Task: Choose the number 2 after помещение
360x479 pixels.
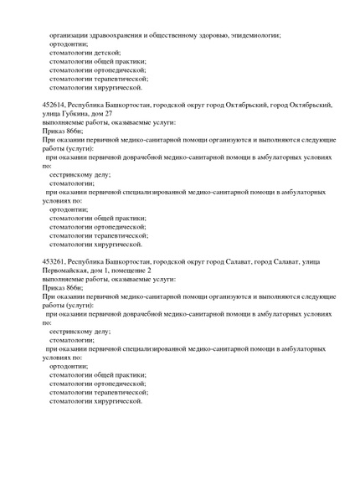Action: click(149, 270)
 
